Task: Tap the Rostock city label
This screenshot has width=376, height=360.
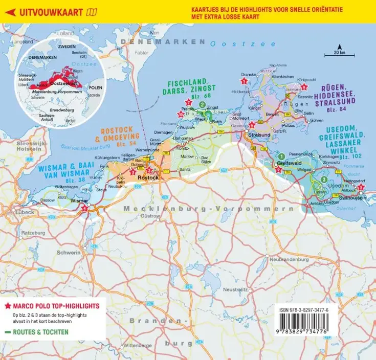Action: [x=150, y=177]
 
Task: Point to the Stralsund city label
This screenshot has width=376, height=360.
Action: [x=257, y=135]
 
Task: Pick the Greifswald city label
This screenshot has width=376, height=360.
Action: [x=286, y=163]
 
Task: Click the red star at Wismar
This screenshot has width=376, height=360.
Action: [x=84, y=208]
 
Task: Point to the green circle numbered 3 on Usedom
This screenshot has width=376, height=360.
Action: [x=323, y=179]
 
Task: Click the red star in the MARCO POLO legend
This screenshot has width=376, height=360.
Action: [x=7, y=306]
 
